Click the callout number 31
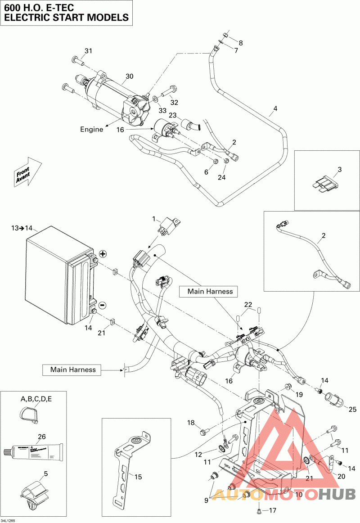pos(88,51)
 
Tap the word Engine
pos(91,129)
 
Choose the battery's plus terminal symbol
pos(102,254)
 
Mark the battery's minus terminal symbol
pos(102,305)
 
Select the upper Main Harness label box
pos(210,291)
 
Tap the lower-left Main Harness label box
pos(73,370)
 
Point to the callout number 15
pos(138,476)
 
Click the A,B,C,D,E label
pos(36,399)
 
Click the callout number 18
pos(191,423)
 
